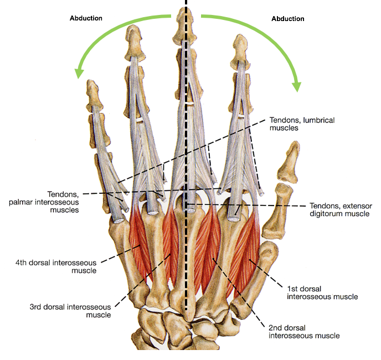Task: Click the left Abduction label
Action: [x=86, y=18]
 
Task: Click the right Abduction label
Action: [x=287, y=19]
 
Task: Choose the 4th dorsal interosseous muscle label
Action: [x=63, y=266]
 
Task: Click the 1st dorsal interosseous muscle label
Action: [x=322, y=292]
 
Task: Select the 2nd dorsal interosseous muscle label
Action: [x=303, y=331]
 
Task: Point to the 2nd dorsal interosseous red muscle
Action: [x=210, y=244]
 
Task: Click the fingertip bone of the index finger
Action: [x=241, y=44]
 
